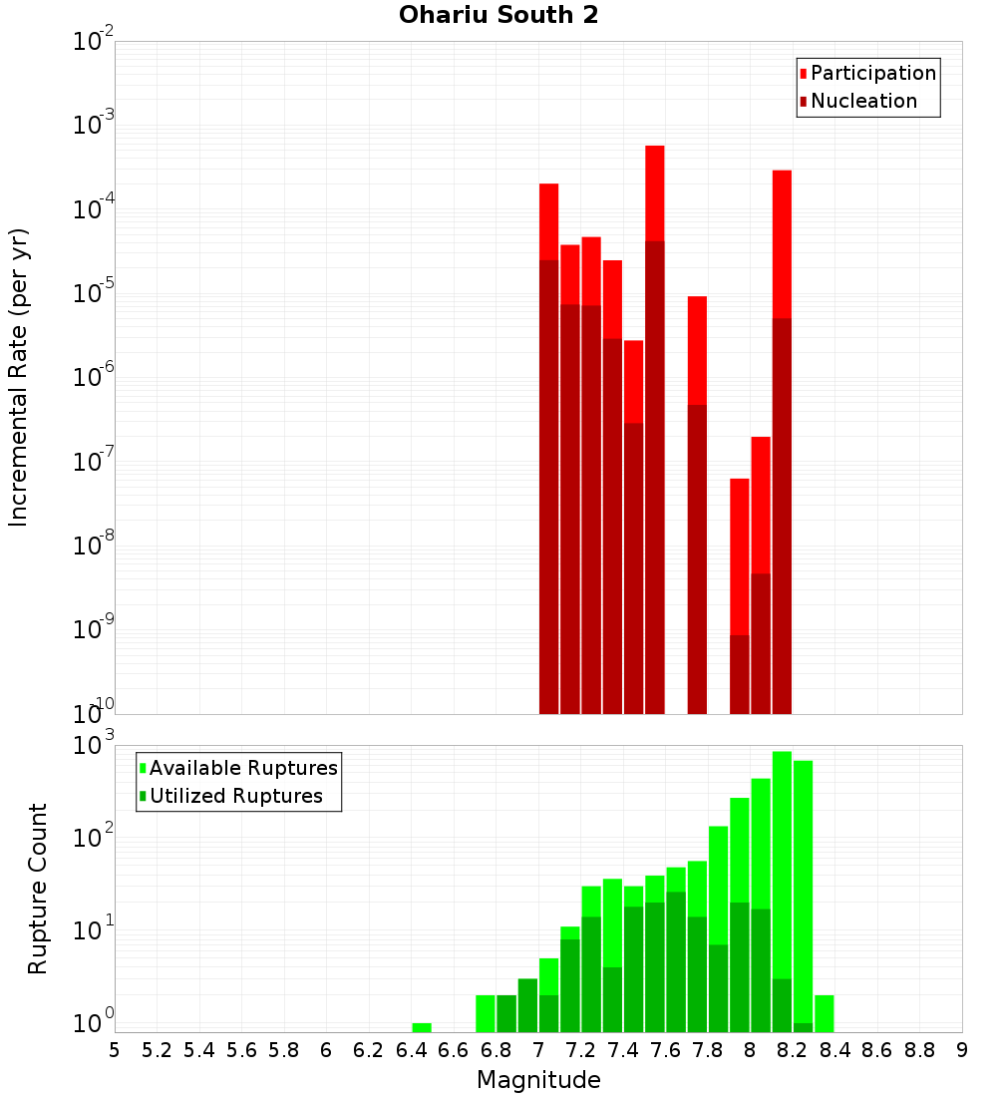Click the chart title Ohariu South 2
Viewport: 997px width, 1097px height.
coord(498,16)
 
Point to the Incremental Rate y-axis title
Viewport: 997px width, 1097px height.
coord(19,378)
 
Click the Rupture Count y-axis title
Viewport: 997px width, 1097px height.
coord(38,889)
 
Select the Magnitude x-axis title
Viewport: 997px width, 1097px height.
coord(538,1080)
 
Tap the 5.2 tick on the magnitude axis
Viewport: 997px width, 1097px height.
coord(157,1050)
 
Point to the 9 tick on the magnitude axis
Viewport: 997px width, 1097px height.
coord(961,1050)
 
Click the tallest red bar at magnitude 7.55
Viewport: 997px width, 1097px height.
coord(654,429)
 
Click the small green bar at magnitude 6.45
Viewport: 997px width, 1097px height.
coord(422,1027)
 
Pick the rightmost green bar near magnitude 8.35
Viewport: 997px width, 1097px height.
coord(825,1013)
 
